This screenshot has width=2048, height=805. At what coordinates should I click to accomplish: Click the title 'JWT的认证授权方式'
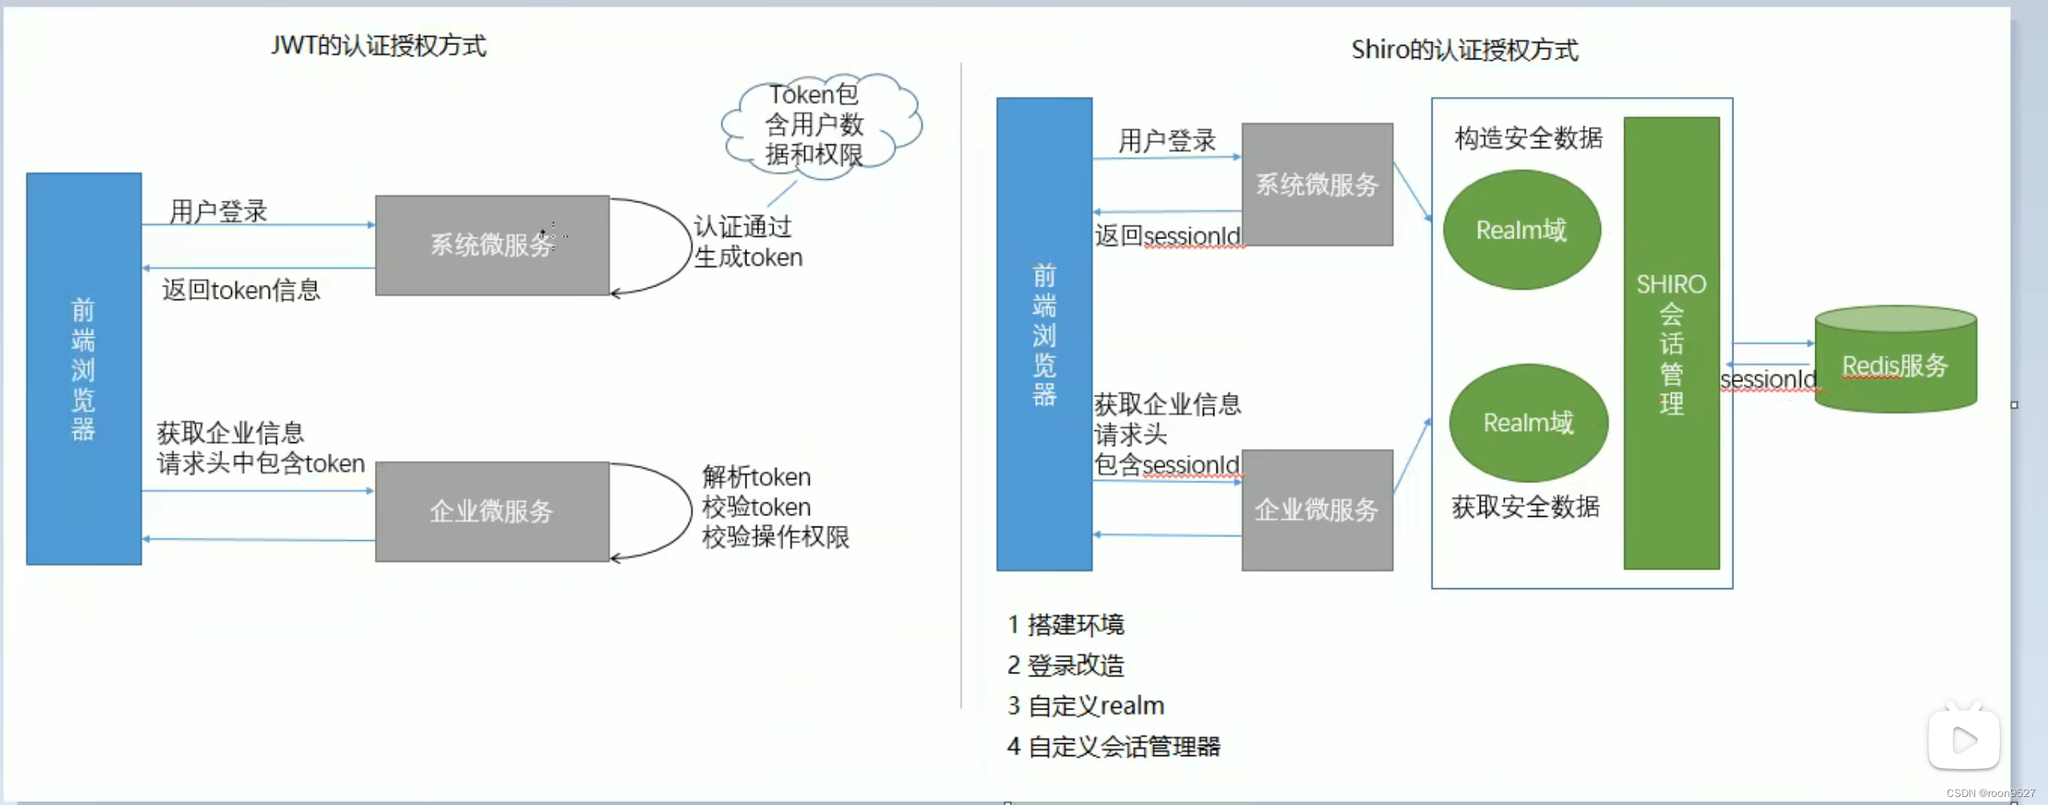coord(378,46)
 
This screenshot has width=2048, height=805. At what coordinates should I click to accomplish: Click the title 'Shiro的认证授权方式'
coord(1465,50)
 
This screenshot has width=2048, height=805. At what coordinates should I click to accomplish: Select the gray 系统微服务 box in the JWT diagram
coord(492,245)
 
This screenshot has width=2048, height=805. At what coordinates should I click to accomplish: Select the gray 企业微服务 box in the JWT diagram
coord(492,511)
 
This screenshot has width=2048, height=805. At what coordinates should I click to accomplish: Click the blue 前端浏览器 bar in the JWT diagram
coord(83,368)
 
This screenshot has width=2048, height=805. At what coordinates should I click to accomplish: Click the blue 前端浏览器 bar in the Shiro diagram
coord(1043,334)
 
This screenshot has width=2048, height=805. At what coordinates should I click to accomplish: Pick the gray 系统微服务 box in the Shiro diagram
coord(1317,185)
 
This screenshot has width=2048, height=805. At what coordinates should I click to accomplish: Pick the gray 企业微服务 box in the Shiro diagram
coord(1317,510)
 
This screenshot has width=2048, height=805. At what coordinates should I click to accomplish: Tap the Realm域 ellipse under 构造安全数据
coord(1522,230)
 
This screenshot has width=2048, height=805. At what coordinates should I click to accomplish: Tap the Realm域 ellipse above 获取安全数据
coord(1528,423)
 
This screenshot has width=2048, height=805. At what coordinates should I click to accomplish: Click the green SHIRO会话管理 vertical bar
coord(1671,343)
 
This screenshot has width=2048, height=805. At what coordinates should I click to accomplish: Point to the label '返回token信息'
coord(241,290)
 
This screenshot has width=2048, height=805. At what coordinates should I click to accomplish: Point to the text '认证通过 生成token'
coord(747,242)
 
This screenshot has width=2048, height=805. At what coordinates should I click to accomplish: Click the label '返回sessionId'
coord(1168,235)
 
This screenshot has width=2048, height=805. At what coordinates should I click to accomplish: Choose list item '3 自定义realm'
coord(1085,705)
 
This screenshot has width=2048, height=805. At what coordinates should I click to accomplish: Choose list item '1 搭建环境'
coord(1066,624)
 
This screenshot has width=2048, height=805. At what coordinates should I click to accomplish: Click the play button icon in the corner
coord(1963,739)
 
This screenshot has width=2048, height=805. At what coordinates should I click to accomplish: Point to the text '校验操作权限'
coord(775,537)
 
